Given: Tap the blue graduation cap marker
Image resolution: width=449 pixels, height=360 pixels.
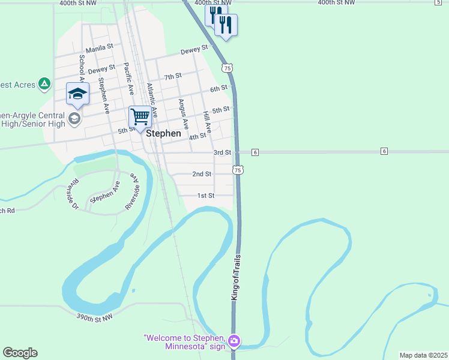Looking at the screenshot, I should coord(77,94).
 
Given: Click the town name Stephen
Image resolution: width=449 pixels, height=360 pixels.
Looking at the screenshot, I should coord(163,134).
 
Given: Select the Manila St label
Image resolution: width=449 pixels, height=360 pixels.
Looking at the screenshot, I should coord(100,47).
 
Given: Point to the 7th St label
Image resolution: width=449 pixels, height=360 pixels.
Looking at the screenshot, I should coord(173,76).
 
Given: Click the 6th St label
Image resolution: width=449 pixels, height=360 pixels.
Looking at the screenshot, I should coord(218,89).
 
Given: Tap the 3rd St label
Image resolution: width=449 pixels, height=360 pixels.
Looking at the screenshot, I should coord(222,153).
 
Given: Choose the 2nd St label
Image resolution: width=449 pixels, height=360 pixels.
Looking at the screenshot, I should coord(202,174).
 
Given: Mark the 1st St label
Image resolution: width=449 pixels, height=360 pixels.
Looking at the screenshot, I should coord(206,196).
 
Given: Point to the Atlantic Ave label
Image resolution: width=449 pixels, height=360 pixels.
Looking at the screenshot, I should coord(152,100).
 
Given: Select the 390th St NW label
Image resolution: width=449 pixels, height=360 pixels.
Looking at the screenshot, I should coord(95,318).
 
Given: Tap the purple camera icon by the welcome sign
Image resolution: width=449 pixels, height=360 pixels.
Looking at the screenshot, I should coord(234,341).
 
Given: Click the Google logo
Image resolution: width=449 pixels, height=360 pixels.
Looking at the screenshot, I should coord(20,353).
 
